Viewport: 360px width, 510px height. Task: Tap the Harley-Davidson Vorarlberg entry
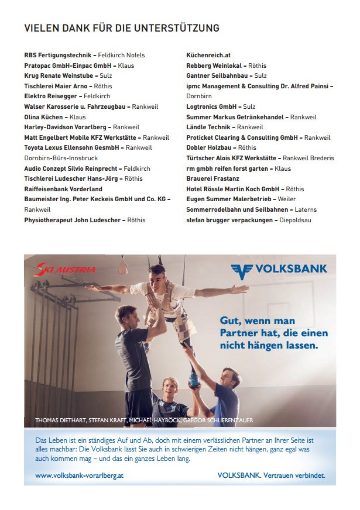point(67,127)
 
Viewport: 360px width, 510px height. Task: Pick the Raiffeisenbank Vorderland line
point(63,189)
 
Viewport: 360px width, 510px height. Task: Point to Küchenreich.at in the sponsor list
point(208,55)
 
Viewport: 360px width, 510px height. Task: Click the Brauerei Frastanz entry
point(212,178)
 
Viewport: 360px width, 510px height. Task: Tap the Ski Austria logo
point(66,270)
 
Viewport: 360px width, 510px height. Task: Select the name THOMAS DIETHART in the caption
point(60,420)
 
